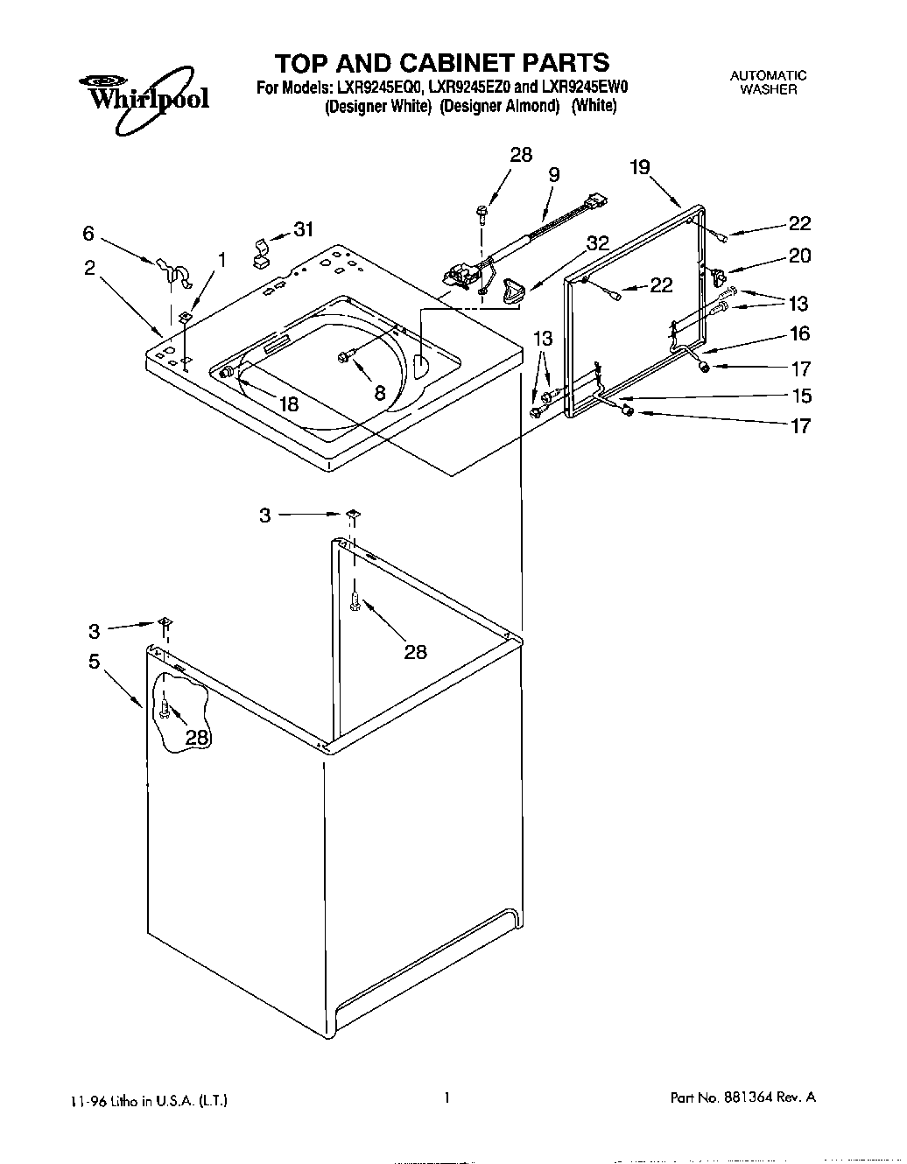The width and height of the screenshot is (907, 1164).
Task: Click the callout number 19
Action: click(x=640, y=166)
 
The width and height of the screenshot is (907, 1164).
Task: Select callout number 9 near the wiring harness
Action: click(x=554, y=175)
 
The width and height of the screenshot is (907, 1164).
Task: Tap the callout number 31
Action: click(x=303, y=229)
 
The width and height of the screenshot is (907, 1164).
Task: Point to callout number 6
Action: click(x=88, y=233)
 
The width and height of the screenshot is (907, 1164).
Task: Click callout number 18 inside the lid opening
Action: click(x=288, y=403)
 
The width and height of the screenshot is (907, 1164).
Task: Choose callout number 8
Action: click(x=379, y=394)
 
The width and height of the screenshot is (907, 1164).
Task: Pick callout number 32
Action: click(x=598, y=244)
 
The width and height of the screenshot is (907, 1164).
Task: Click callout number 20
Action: click(x=799, y=256)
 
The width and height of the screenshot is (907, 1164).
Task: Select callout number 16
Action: click(x=800, y=333)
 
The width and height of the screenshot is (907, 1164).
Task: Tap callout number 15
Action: click(x=801, y=396)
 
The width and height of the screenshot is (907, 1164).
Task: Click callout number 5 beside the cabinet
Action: click(x=95, y=662)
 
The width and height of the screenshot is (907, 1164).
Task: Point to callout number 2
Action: click(x=89, y=268)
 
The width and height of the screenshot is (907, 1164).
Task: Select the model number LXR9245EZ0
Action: click(x=469, y=88)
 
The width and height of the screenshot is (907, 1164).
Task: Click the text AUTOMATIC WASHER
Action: click(x=768, y=82)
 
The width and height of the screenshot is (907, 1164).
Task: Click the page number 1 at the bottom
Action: click(x=446, y=1097)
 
